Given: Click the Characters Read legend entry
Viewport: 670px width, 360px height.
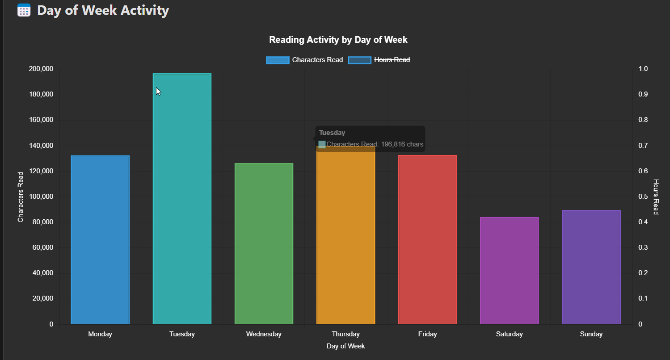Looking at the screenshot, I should tap(304, 60).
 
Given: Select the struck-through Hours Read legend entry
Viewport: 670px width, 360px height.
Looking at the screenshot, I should tap(379, 60).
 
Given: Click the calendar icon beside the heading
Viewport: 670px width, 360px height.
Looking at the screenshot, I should tap(24, 10).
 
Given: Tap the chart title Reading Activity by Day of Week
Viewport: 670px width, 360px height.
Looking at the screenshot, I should tap(338, 40).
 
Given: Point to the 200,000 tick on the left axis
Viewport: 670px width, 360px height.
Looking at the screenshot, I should tap(41, 69).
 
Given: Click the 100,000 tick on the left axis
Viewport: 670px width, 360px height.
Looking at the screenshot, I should tap(41, 197).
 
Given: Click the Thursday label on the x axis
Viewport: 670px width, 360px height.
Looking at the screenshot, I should tap(346, 334).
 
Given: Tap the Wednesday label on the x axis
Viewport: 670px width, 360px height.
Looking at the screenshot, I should tap(264, 334).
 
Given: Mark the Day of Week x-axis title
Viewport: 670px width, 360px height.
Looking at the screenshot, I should tap(346, 346).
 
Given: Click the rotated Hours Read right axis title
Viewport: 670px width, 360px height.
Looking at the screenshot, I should tap(656, 197).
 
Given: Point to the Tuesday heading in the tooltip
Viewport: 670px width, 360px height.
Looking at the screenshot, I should tap(332, 133).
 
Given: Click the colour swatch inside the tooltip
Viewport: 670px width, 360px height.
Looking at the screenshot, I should tap(322, 144).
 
